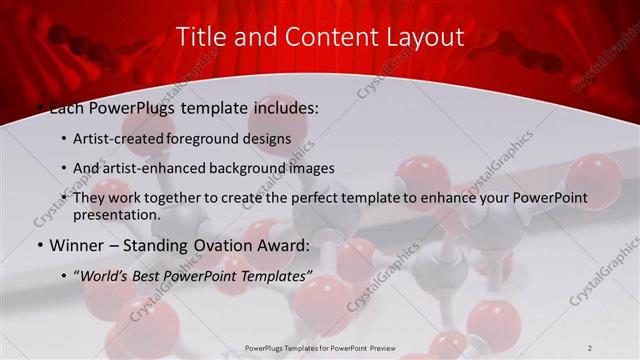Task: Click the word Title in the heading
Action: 200,37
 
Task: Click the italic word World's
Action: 104,275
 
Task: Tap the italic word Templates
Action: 275,275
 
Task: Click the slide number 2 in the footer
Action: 590,348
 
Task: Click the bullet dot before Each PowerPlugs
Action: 40,106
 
